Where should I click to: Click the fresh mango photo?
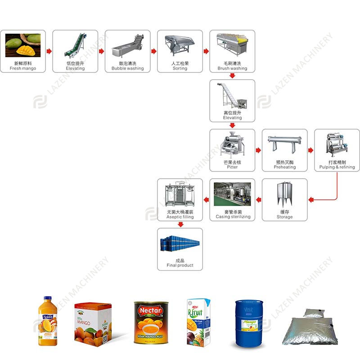(23, 45)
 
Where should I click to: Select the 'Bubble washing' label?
(128, 69)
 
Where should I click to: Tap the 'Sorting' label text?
(180, 69)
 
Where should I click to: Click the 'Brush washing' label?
(232, 69)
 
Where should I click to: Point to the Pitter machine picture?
(232, 145)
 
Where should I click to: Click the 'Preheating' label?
(285, 167)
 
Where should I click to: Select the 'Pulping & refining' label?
(337, 167)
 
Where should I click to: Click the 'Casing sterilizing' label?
(232, 217)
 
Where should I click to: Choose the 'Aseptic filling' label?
(180, 217)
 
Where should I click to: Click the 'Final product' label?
(180, 265)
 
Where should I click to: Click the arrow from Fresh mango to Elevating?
(49, 51)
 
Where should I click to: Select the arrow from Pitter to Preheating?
(258, 150)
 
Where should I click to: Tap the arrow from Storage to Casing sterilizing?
(258, 200)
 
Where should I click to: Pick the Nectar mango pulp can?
(151, 323)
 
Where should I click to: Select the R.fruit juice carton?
(198, 322)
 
